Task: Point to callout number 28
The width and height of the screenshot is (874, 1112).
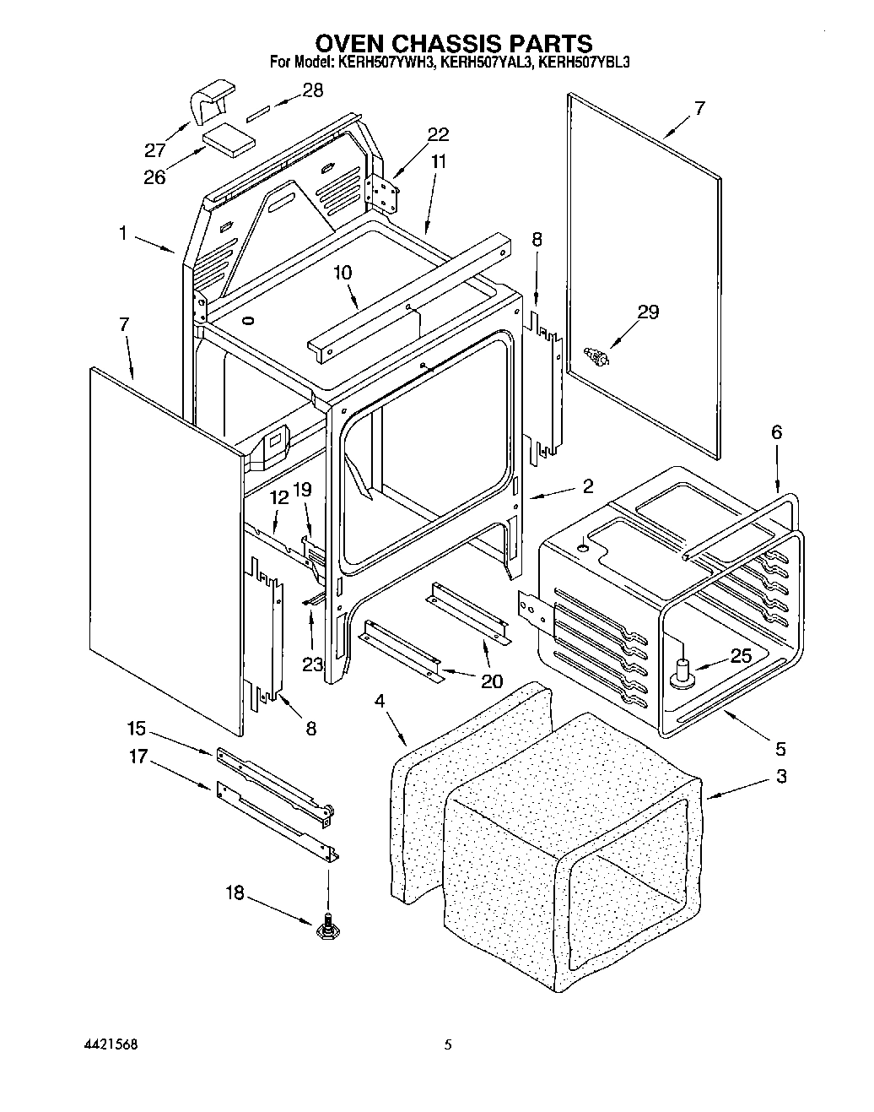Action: [312, 91]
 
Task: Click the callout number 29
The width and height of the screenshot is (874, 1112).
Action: [647, 312]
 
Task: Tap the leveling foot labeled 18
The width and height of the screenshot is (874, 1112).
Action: [326, 929]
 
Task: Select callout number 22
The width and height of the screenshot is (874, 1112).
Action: [438, 134]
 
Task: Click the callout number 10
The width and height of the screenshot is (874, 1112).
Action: [343, 273]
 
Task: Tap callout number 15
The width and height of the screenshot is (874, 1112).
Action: [136, 728]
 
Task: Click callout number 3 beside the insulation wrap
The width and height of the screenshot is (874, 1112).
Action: [781, 776]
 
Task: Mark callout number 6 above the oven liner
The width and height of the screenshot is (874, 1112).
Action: [776, 433]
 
